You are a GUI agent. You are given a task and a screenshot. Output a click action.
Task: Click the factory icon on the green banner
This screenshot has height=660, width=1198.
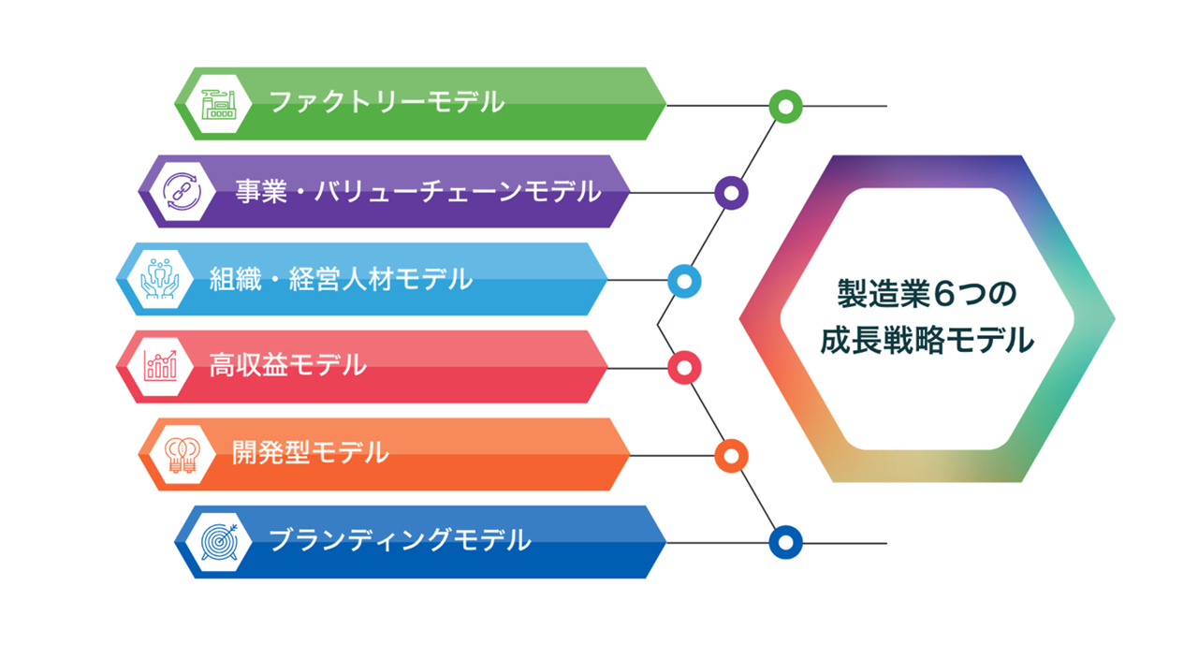pos(220,103)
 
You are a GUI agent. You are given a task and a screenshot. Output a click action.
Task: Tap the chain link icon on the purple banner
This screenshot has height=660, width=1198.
pos(183,191)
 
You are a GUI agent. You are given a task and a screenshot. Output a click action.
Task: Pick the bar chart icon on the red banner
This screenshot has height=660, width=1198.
pos(160,366)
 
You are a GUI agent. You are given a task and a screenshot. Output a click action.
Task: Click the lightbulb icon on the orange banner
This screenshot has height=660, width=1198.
pos(183,454)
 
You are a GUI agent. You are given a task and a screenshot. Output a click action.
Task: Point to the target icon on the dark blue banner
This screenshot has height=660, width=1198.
pos(220,541)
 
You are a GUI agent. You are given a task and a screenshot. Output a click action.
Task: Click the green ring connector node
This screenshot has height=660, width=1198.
pos(785,106)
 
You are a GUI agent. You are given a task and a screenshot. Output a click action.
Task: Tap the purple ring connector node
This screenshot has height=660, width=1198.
pos(731,193)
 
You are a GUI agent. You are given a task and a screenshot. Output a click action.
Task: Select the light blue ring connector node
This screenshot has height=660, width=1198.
pos(684,281)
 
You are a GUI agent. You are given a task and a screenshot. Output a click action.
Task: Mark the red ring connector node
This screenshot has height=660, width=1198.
pos(684,368)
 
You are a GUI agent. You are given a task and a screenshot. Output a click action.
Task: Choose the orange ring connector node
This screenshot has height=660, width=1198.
pos(731,456)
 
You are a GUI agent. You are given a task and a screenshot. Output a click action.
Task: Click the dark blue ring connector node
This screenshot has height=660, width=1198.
pos(785,542)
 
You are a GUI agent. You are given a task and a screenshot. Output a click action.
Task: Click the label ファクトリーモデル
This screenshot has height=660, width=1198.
pos(387,102)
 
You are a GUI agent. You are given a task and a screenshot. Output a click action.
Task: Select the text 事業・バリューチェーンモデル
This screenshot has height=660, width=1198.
pos(417,191)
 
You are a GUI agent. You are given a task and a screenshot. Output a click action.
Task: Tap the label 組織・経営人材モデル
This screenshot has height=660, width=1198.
pos(341,278)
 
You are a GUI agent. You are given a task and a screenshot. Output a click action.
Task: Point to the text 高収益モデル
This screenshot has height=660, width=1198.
pos(287,365)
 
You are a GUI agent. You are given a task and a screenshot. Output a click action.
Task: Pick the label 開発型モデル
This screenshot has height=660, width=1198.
pos(310,453)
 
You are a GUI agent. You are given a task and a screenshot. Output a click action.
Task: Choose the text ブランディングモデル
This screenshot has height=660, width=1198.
pos(400,540)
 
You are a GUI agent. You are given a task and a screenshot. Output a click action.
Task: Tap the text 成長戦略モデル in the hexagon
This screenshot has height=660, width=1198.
pos(927,340)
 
